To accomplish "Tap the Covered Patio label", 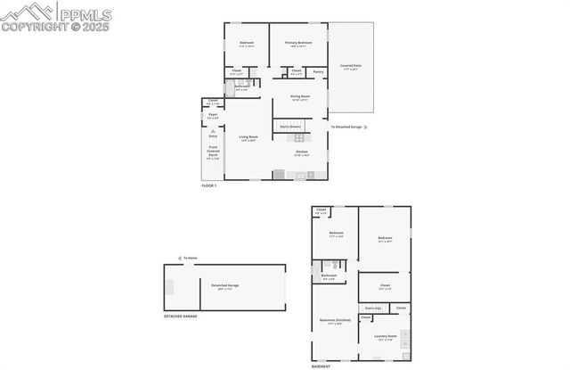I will [350, 66].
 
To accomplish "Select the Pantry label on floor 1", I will [318, 71].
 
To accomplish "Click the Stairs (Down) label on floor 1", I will [290, 127].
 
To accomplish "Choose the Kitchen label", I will [304, 152].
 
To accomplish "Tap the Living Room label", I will [247, 136].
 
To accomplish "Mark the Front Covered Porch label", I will [213, 152].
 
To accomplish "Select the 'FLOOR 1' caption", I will [209, 185].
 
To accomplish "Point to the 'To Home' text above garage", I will [191, 257].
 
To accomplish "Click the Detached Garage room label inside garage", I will [224, 285].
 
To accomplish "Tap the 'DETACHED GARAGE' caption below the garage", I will [180, 317].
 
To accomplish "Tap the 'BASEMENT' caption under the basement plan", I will [321, 366].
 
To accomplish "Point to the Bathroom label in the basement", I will [330, 276].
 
